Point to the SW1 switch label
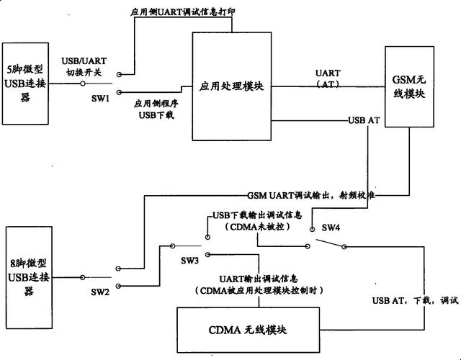pyautogui.click(x=101, y=98)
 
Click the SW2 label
pyautogui.click(x=101, y=291)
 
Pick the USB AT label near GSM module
pyautogui.click(x=363, y=120)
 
